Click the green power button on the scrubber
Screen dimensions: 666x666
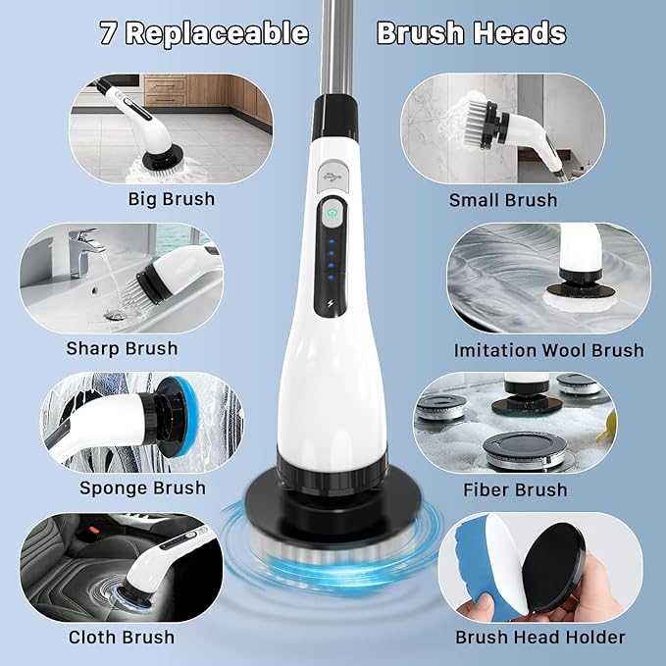[x=333, y=212]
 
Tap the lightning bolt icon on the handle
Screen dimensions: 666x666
[x=333, y=304]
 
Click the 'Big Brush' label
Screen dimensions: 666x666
[x=172, y=199]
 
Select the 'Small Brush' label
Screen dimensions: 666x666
[x=503, y=200]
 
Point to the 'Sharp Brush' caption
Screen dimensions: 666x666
[x=122, y=348]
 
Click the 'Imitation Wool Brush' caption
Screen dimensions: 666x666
[x=548, y=350]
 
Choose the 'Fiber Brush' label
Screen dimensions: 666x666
[x=514, y=489]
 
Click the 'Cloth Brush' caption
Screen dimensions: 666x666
[x=123, y=638]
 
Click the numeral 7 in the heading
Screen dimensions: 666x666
[x=110, y=33]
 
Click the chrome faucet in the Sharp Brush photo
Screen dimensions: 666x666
[x=86, y=247]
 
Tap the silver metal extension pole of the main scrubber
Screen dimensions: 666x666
[x=333, y=49]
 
